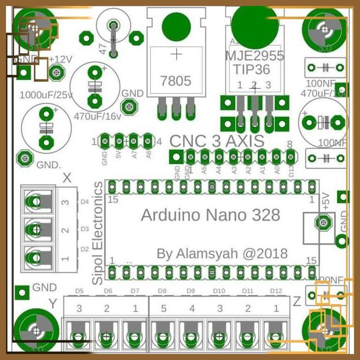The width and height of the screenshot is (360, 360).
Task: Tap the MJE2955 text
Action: (x=255, y=55)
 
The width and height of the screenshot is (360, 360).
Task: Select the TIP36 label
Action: (x=255, y=68)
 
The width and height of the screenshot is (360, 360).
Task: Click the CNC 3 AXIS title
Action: (x=217, y=141)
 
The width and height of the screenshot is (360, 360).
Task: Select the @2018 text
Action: (x=265, y=254)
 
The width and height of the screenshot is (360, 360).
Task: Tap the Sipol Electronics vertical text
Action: (x=98, y=226)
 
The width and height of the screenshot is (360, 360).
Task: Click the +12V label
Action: (x=61, y=59)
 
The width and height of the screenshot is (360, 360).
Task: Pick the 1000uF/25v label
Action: (x=46, y=94)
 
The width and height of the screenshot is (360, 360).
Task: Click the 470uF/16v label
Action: (x=97, y=117)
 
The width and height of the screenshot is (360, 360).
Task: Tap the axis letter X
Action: (x=67, y=178)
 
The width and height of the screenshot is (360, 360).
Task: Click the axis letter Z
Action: (x=297, y=301)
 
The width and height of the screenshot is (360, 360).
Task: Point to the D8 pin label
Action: (x=162, y=290)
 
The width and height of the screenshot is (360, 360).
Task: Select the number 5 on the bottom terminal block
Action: (x=163, y=309)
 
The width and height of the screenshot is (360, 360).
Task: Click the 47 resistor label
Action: (x=103, y=48)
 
